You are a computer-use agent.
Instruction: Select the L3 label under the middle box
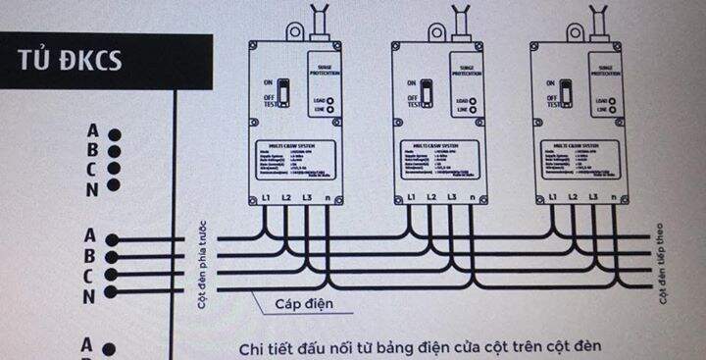(x=452, y=199)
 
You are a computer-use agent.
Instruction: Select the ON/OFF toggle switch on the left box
(x=282, y=94)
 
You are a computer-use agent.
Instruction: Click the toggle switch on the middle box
(x=427, y=94)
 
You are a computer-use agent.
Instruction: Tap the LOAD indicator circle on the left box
(x=334, y=100)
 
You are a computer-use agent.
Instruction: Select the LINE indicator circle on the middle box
(x=478, y=110)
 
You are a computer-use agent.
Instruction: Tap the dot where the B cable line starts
(x=114, y=256)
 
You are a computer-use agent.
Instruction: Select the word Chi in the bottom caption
(x=252, y=348)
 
